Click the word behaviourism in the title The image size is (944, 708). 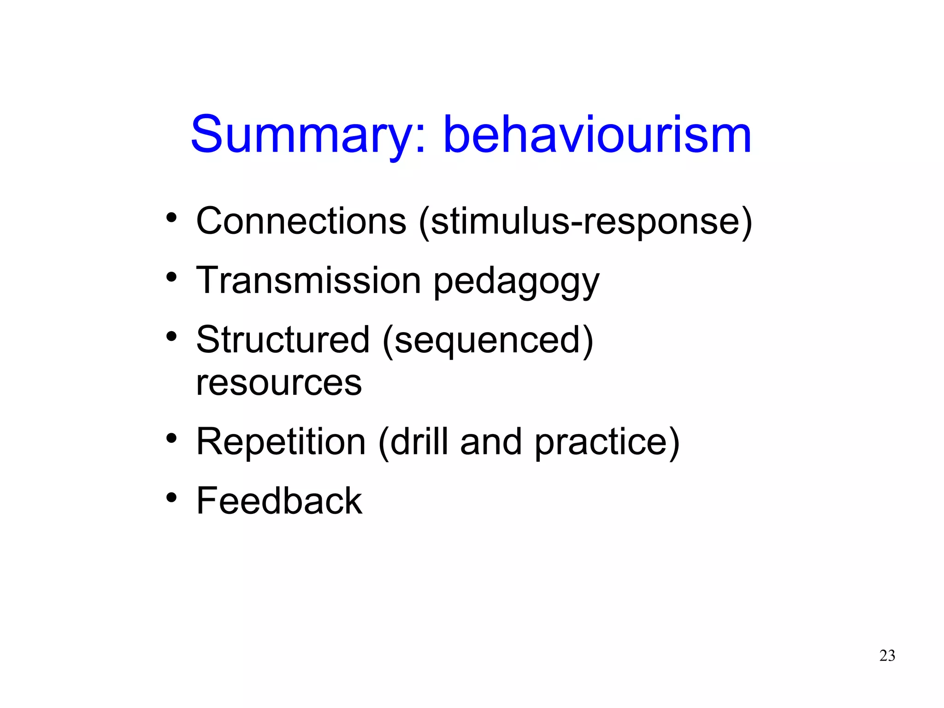click(x=597, y=135)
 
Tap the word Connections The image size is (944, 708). click(x=301, y=221)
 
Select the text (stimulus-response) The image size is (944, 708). click(x=585, y=222)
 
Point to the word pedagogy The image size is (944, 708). click(x=516, y=282)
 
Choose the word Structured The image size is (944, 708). click(x=283, y=340)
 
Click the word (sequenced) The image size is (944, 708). click(x=488, y=341)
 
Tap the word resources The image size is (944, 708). click(x=279, y=383)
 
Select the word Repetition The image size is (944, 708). click(x=281, y=442)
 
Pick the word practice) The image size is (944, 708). click(x=607, y=443)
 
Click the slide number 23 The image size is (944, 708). click(x=887, y=655)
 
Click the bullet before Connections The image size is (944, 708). click(x=171, y=218)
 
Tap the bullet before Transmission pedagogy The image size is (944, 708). click(x=171, y=277)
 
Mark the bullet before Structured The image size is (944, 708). click(x=171, y=337)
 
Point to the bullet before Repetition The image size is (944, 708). click(x=171, y=439)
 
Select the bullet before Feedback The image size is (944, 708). click(x=171, y=498)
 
